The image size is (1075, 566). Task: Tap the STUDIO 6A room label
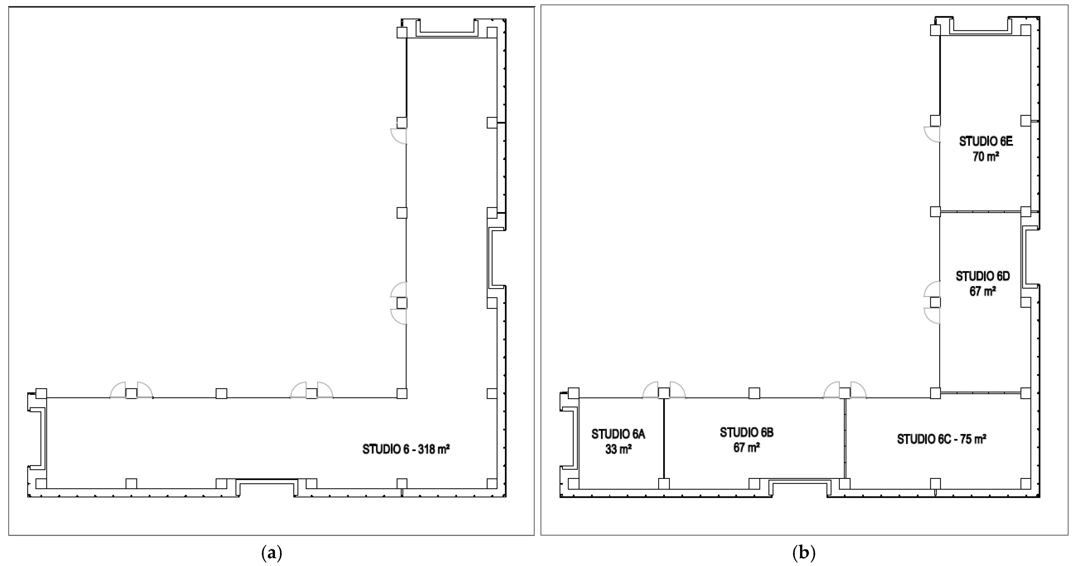618,434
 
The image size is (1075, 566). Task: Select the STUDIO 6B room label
747,432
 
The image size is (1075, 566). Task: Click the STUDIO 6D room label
983,276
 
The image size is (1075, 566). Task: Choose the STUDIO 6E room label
986,141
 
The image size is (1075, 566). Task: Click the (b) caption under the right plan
804,553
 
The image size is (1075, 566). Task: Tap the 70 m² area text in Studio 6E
986,156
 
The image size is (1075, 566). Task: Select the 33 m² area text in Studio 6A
618,449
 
